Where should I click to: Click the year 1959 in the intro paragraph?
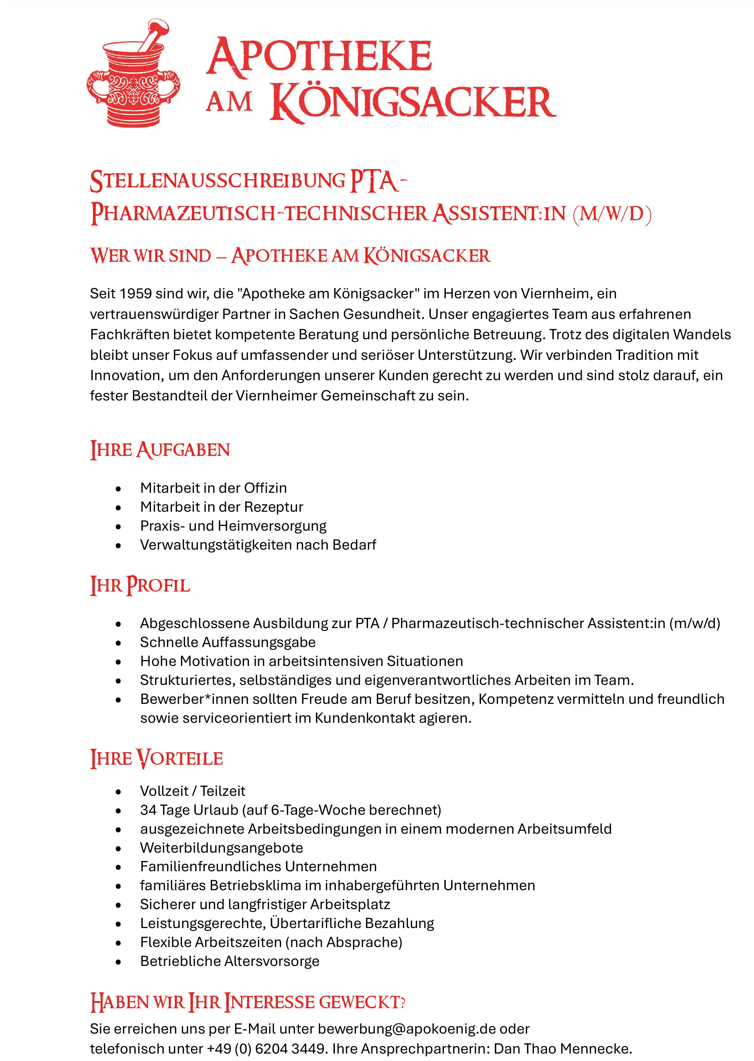(135, 294)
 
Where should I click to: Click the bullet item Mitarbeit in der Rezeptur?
(222, 507)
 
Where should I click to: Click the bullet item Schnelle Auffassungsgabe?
(228, 642)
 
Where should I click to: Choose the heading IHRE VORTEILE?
(157, 758)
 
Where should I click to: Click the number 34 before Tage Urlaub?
(148, 810)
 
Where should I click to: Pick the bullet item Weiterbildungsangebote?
(222, 848)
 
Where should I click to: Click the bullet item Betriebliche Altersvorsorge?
(229, 961)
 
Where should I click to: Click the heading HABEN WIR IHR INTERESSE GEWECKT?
(248, 1002)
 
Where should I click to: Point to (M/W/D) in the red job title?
(612, 214)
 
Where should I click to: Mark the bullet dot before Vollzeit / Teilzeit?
(118, 791)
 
